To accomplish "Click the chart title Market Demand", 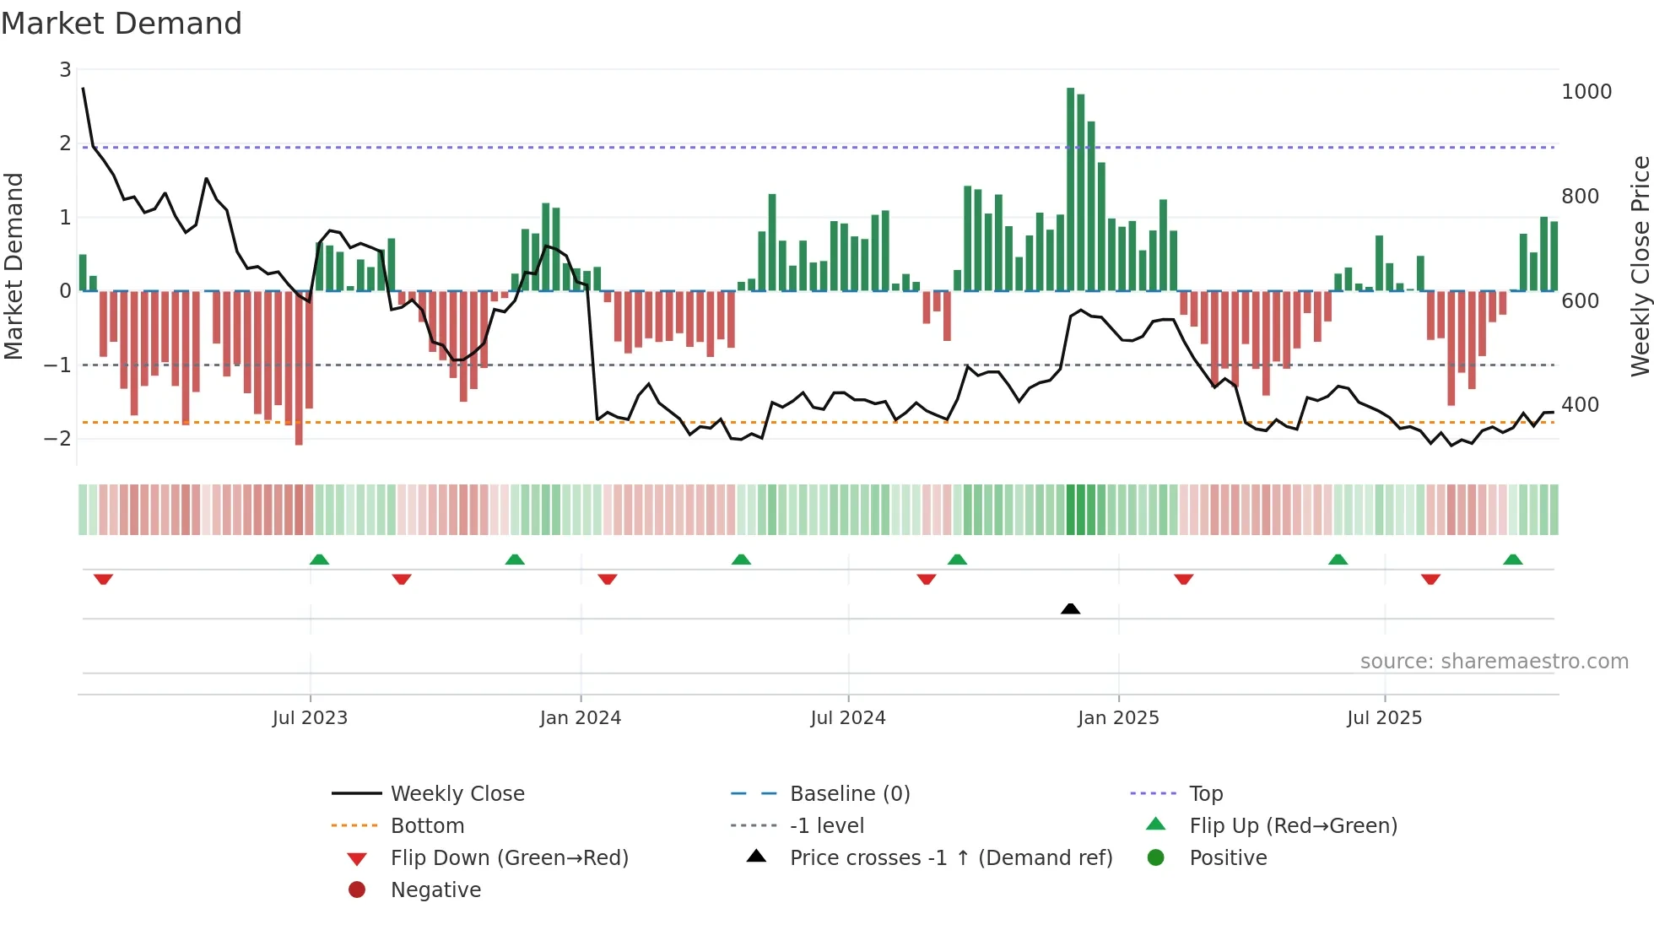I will (x=122, y=24).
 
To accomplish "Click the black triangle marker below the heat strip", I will (x=1070, y=608).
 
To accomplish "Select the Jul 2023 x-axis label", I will (x=310, y=718).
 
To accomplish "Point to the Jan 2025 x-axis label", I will (x=1118, y=718).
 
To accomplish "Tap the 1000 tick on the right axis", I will (x=1586, y=92).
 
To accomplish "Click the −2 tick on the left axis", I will (x=58, y=439).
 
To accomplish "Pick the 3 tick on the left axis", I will (x=65, y=70).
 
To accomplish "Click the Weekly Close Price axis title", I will (x=1640, y=266).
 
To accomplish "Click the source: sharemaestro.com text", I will (x=1494, y=662).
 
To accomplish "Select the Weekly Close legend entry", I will (x=457, y=794).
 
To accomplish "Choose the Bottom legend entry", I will (x=427, y=826).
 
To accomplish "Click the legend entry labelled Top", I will (x=1206, y=794).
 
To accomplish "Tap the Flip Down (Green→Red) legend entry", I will (x=509, y=858).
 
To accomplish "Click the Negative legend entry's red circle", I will (x=357, y=890).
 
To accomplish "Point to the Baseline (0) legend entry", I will (x=849, y=794).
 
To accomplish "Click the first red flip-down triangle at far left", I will (x=103, y=579).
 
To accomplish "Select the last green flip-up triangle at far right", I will (x=1513, y=560).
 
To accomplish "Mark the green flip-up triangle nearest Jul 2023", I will (x=319, y=560).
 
